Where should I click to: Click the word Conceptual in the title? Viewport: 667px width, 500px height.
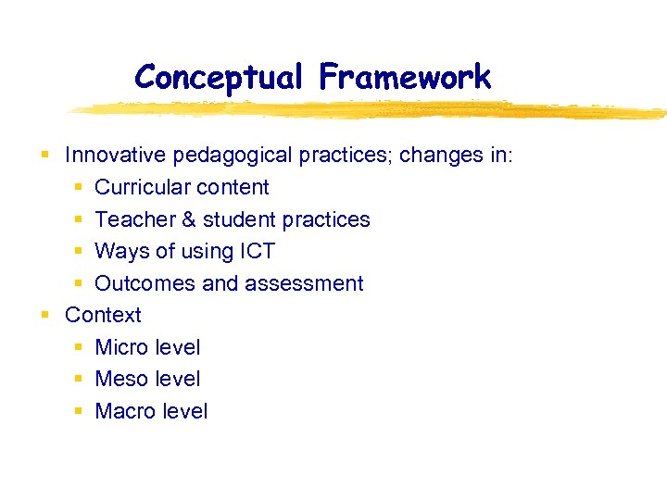click(218, 77)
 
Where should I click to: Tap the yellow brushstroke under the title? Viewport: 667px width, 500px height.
click(371, 109)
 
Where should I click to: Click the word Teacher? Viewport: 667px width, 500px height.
click(133, 219)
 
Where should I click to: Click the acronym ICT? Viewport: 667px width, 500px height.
click(256, 251)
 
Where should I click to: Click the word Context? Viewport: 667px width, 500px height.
click(103, 315)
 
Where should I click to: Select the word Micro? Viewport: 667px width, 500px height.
click(121, 347)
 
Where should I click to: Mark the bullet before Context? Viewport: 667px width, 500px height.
click(44, 316)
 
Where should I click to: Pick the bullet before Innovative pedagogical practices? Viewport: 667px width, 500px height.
click(44, 156)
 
